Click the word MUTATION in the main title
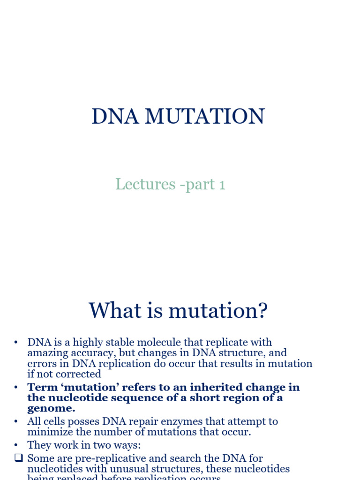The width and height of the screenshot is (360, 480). tap(204, 116)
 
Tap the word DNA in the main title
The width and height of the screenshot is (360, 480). tap(115, 116)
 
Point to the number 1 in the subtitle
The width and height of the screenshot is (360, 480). tap(221, 184)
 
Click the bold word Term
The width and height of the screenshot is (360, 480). tap(39, 387)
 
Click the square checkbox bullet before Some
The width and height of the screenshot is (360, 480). tap(18, 458)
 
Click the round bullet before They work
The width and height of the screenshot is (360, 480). tap(16, 445)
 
